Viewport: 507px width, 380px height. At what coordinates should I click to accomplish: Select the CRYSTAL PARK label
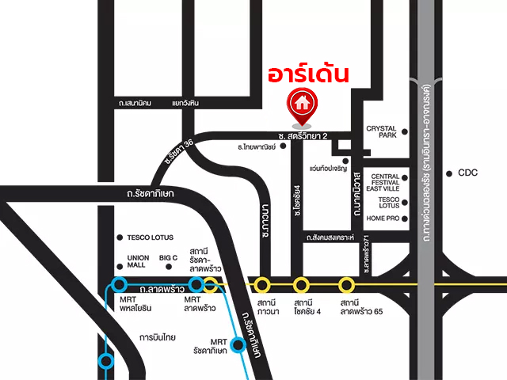coord(380,132)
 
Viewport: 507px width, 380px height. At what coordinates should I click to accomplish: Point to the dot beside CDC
coord(449,173)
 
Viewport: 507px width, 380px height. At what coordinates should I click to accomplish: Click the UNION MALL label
coord(138,261)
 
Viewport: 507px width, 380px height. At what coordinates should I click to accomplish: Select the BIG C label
coord(168,257)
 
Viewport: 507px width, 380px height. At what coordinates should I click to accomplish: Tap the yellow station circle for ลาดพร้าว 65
coord(346,284)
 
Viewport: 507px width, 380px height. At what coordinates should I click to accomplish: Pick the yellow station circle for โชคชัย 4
coord(301,284)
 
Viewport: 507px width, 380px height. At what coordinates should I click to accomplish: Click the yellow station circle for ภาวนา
coord(261,284)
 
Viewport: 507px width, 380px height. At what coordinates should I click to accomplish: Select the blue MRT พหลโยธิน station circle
coord(120,284)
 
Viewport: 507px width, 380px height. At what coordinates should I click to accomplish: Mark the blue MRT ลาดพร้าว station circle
coord(196,284)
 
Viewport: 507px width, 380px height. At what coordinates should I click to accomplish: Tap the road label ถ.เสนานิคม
coord(135,103)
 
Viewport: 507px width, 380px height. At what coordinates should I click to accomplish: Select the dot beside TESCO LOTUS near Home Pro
coord(404,203)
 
